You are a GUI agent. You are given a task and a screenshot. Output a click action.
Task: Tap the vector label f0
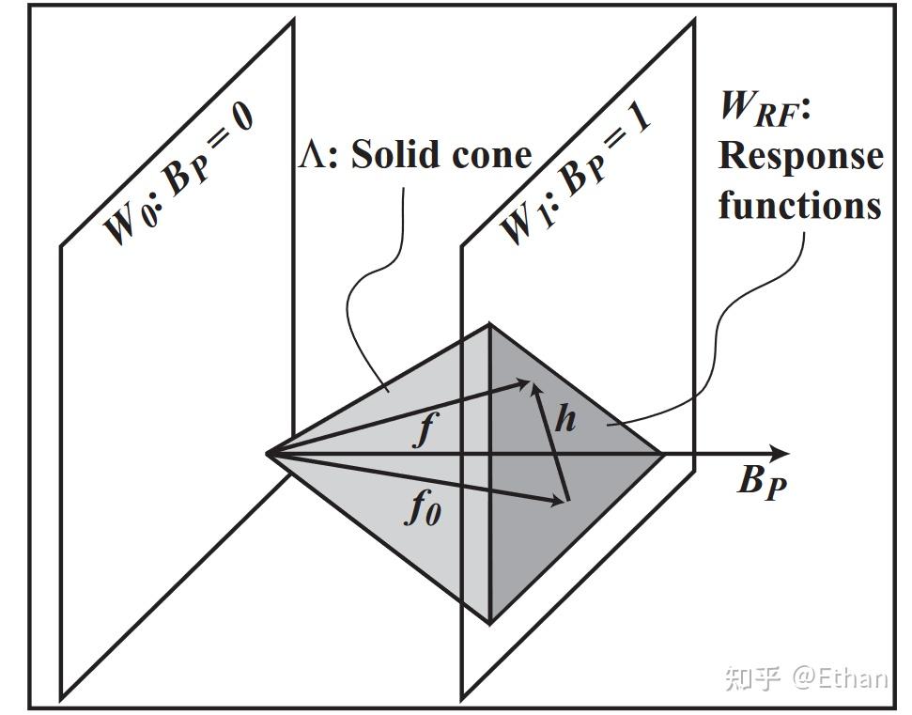(x=423, y=508)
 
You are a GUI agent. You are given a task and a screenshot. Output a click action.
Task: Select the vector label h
(x=564, y=419)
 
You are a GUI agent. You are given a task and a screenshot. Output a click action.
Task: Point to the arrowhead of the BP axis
(x=780, y=454)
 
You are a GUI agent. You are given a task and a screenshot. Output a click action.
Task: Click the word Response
(x=800, y=156)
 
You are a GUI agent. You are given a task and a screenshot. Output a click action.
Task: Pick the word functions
(x=800, y=204)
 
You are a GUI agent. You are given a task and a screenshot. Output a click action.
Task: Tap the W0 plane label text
(x=178, y=174)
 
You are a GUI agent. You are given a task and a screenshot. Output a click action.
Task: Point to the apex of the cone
(x=268, y=454)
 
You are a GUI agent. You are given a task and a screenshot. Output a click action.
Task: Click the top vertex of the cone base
(x=489, y=324)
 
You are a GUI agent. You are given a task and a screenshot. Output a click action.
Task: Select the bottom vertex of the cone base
(x=489, y=622)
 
